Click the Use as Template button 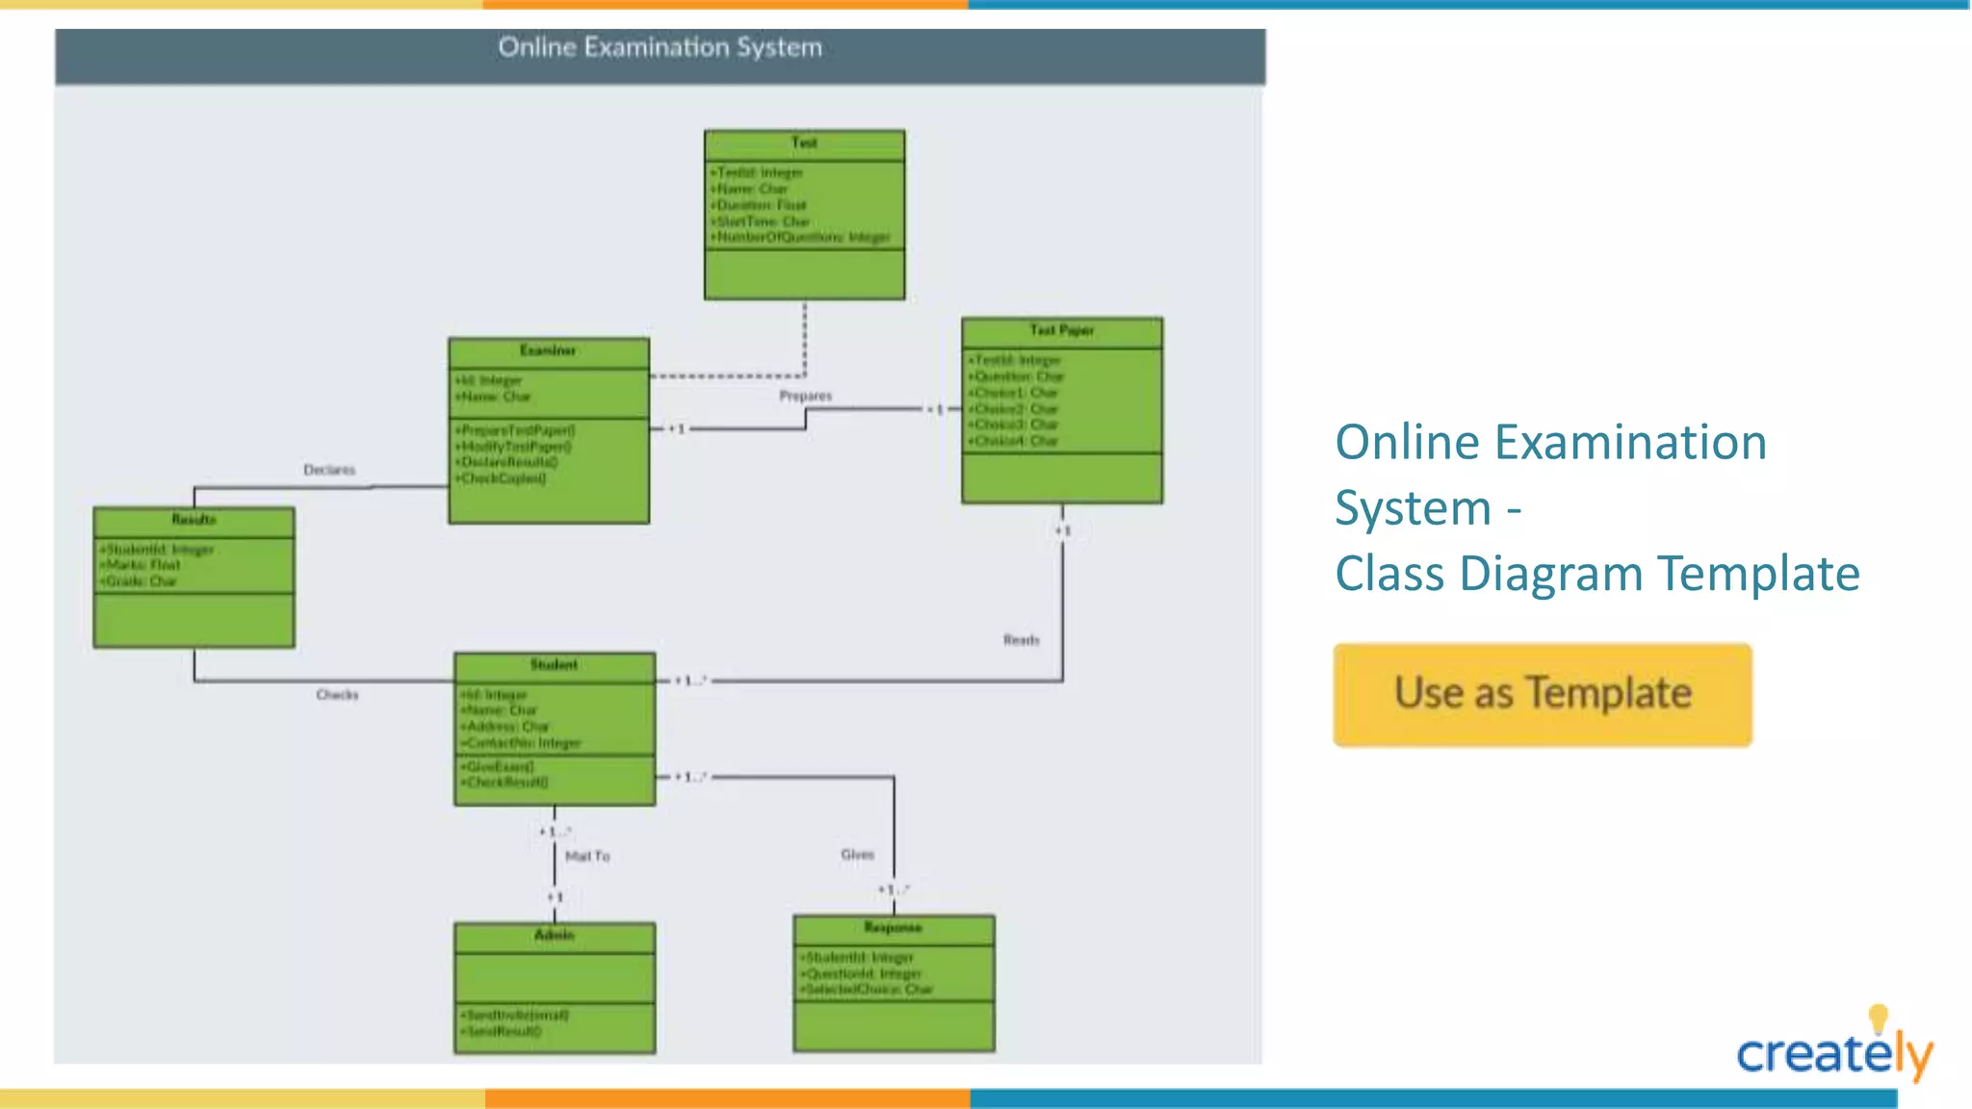[x=1542, y=694]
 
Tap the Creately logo [x=1834, y=1051]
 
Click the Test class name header [x=804, y=143]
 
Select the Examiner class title [x=548, y=350]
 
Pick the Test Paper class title [x=1061, y=330]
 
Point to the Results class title [x=194, y=520]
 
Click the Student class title [x=554, y=665]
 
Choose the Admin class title [x=554, y=935]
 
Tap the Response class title [x=893, y=928]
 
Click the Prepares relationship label [x=805, y=396]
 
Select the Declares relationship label [x=329, y=470]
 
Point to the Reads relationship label [x=1021, y=640]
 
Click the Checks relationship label [x=337, y=695]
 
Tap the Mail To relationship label [x=587, y=856]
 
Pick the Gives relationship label [x=857, y=855]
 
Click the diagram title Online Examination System [x=660, y=47]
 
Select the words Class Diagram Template [x=1596, y=574]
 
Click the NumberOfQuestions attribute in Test [x=801, y=237]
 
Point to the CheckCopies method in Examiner [x=502, y=478]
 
